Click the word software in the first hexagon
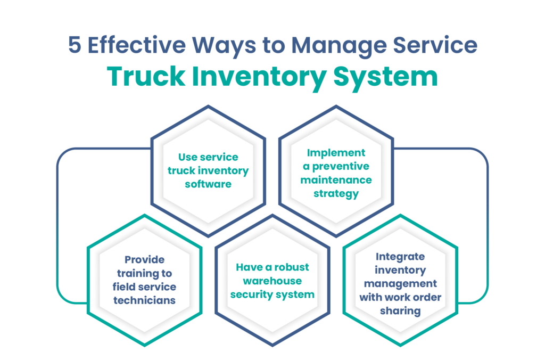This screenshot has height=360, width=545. pos(208,184)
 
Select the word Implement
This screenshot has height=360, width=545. pos(336,153)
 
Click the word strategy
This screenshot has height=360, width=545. pos(336,194)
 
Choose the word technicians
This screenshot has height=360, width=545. pos(144,300)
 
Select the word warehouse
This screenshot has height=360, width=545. pos(272,281)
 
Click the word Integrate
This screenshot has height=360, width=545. pos(400,256)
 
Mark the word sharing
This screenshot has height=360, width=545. pos(400,311)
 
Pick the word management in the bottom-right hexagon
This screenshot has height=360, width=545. pos(400,283)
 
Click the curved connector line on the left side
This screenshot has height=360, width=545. pos(57,224)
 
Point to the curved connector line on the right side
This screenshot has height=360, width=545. pos(488,224)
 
